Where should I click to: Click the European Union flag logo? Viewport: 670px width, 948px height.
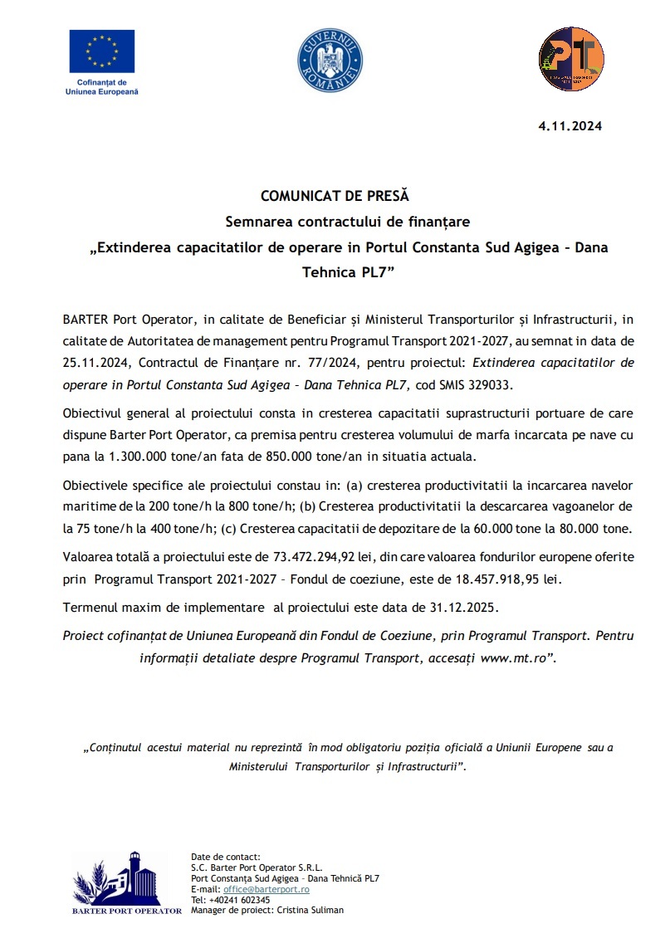click(102, 51)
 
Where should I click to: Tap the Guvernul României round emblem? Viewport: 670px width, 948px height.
click(330, 59)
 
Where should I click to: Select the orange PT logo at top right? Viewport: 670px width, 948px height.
click(570, 59)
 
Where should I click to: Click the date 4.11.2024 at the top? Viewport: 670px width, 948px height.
click(570, 127)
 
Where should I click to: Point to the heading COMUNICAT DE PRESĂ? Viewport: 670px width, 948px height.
click(335, 197)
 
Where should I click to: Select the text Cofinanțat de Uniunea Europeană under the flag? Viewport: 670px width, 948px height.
click(102, 87)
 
